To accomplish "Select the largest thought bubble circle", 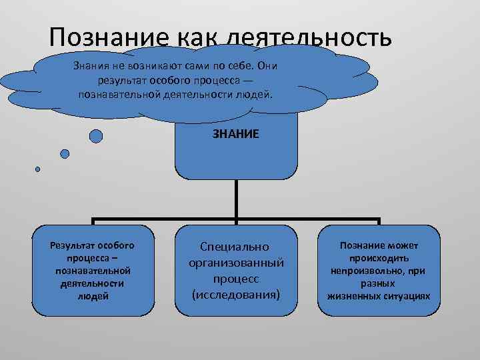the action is (96, 136).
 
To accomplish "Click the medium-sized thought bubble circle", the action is (65, 153).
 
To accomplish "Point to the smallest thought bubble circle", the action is (38, 169).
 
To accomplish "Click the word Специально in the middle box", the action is (236, 247).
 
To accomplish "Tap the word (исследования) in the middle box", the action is (236, 294).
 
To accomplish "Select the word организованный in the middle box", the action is (236, 263).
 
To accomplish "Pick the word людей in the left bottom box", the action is (93, 296).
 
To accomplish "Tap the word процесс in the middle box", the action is (236, 279).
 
